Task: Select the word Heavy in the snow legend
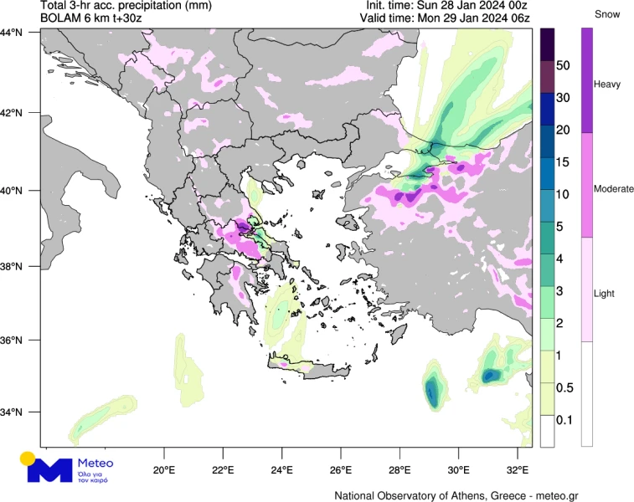coord(607,85)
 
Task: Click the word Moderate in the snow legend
coord(613,190)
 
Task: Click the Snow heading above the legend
coord(607,14)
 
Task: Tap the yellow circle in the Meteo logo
coord(28,458)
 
